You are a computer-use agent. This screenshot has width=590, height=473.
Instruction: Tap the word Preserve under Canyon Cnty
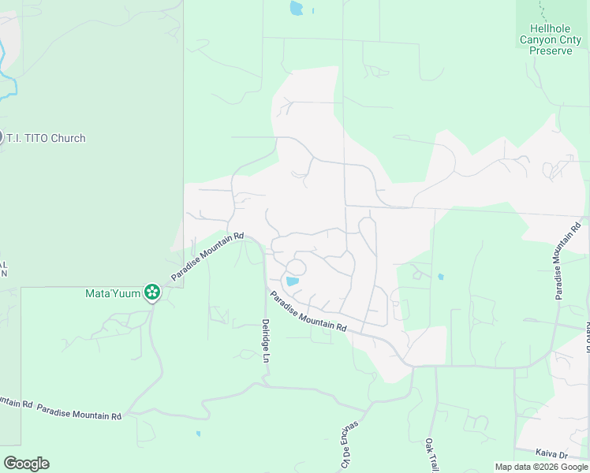[x=551, y=50]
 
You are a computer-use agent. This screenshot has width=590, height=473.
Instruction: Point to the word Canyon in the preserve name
[x=537, y=39]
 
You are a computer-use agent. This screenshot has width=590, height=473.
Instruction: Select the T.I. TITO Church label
[x=46, y=138]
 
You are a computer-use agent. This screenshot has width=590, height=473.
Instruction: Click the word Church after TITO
[x=67, y=138]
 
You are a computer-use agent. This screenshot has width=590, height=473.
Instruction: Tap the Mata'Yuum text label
[x=113, y=293]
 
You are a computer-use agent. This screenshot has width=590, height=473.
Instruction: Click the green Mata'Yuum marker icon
[x=152, y=293]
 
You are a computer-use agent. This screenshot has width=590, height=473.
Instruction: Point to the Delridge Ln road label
[x=266, y=341]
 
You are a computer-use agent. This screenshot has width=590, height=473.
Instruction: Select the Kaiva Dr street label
[x=551, y=455]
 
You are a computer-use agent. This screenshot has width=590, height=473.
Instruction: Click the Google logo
[x=26, y=464]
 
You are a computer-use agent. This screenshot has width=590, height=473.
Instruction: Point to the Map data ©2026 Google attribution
[x=541, y=467]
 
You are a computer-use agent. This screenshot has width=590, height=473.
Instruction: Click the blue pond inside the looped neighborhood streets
[x=292, y=281]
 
